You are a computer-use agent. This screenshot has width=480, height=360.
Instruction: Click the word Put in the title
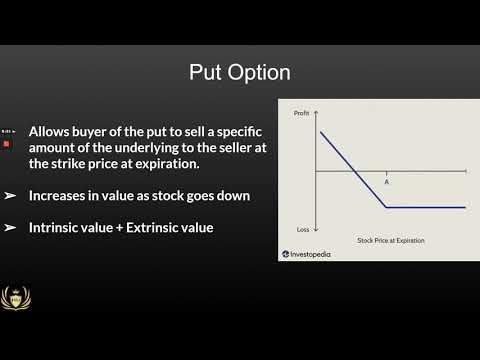click(x=207, y=73)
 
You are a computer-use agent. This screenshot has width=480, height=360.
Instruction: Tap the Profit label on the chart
click(x=301, y=114)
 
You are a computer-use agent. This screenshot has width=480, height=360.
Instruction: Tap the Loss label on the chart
click(x=302, y=229)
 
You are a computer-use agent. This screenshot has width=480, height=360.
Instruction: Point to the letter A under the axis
click(x=387, y=182)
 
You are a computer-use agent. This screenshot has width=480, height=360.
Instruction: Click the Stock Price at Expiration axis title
click(x=391, y=241)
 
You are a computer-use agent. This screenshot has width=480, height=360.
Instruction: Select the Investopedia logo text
click(x=311, y=255)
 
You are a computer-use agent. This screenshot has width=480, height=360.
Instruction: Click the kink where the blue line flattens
click(x=387, y=207)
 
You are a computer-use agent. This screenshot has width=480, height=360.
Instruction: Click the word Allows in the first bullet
click(x=51, y=132)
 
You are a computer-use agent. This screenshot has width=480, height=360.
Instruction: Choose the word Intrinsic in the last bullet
click(x=58, y=229)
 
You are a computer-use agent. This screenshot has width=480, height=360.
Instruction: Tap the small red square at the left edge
click(x=6, y=143)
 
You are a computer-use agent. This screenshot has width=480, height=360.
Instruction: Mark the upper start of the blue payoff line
click(x=321, y=132)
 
